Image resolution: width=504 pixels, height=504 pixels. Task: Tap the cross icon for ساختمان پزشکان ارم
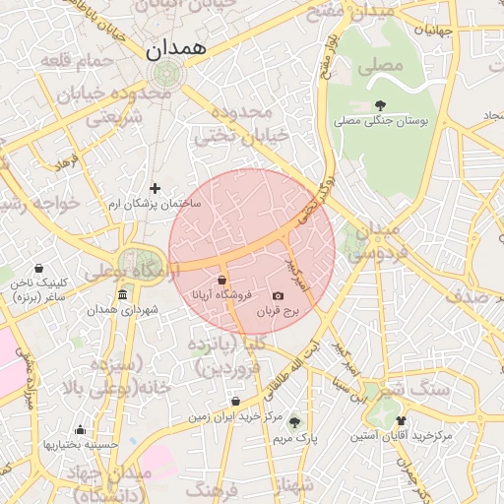[155, 188]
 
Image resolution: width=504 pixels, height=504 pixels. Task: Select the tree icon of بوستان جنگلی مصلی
[380, 105]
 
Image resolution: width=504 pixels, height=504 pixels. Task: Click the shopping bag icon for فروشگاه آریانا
[222, 281]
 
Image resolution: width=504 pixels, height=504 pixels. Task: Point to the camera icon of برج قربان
[278, 296]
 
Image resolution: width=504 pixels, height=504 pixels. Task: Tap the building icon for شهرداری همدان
[122, 295]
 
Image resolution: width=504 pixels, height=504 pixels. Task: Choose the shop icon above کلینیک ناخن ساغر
[38, 268]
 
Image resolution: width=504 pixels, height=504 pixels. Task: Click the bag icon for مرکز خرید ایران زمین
[235, 402]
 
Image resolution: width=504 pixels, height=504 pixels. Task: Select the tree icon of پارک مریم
[293, 421]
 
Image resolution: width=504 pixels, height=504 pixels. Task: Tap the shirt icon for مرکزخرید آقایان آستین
[401, 420]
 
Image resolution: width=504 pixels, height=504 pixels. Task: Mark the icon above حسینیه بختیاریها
[80, 429]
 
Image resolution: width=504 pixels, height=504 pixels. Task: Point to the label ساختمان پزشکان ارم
[154, 203]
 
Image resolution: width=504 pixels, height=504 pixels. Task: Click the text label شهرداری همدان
[122, 310]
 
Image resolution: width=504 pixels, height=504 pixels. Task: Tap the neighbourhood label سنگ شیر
[417, 389]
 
